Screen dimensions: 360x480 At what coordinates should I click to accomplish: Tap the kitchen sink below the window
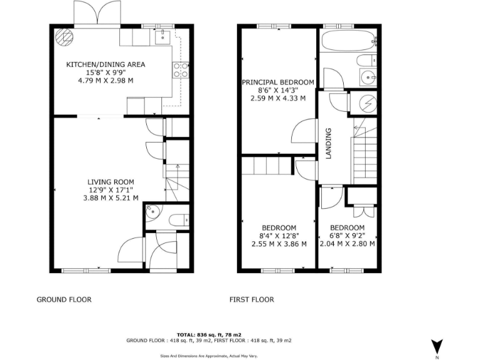pyautogui.click(x=161, y=37)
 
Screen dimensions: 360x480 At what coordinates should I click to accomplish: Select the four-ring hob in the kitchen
pyautogui.click(x=181, y=70)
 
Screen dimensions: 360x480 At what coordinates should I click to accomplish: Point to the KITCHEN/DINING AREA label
pyautogui.click(x=106, y=64)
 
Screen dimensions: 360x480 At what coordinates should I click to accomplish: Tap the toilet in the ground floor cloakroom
pyautogui.click(x=179, y=219)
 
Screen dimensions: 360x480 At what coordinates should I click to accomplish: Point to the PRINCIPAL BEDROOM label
pyautogui.click(x=278, y=82)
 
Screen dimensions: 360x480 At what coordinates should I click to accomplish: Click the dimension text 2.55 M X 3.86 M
pyautogui.click(x=278, y=244)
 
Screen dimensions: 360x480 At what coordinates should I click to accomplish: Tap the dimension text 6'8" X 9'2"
pyautogui.click(x=347, y=236)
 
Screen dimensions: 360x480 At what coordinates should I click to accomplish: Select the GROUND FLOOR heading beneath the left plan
pyautogui.click(x=64, y=299)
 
